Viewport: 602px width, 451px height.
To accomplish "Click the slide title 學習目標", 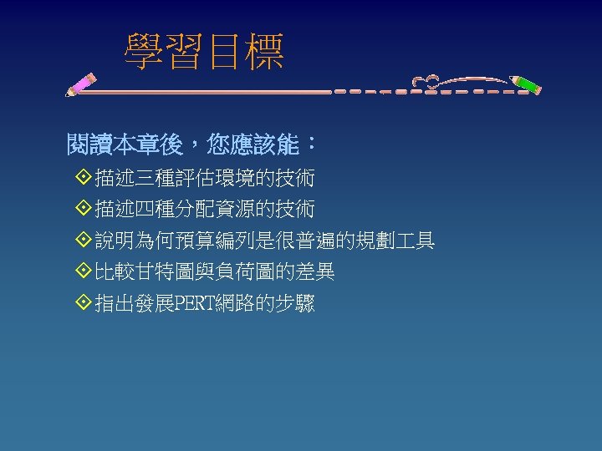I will (204, 51).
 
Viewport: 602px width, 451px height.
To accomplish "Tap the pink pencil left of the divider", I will (81, 84).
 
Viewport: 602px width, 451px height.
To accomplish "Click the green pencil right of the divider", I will (526, 85).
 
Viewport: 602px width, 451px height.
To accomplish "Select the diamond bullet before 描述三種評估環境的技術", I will (82, 179).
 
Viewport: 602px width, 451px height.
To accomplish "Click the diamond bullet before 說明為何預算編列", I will (82, 241).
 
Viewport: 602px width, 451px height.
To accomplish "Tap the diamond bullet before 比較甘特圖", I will (82, 272).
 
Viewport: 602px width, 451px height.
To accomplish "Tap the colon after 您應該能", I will (311, 144).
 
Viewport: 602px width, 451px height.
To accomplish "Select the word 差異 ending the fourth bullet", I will (319, 272).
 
